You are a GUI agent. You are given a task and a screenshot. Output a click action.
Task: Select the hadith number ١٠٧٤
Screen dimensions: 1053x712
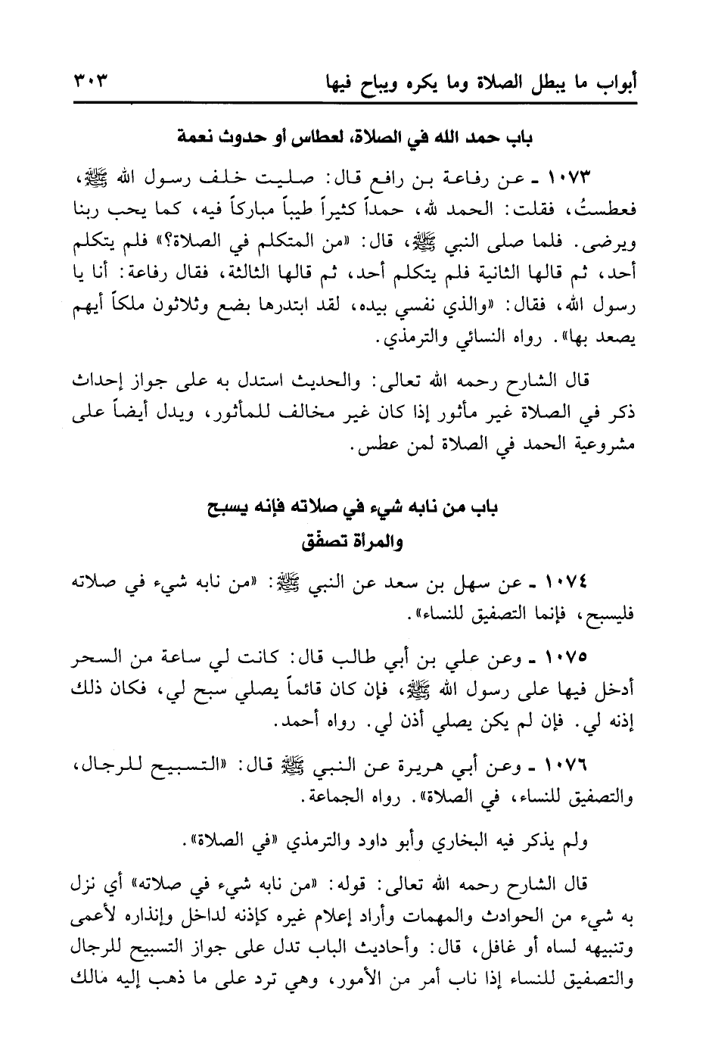(569, 582)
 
